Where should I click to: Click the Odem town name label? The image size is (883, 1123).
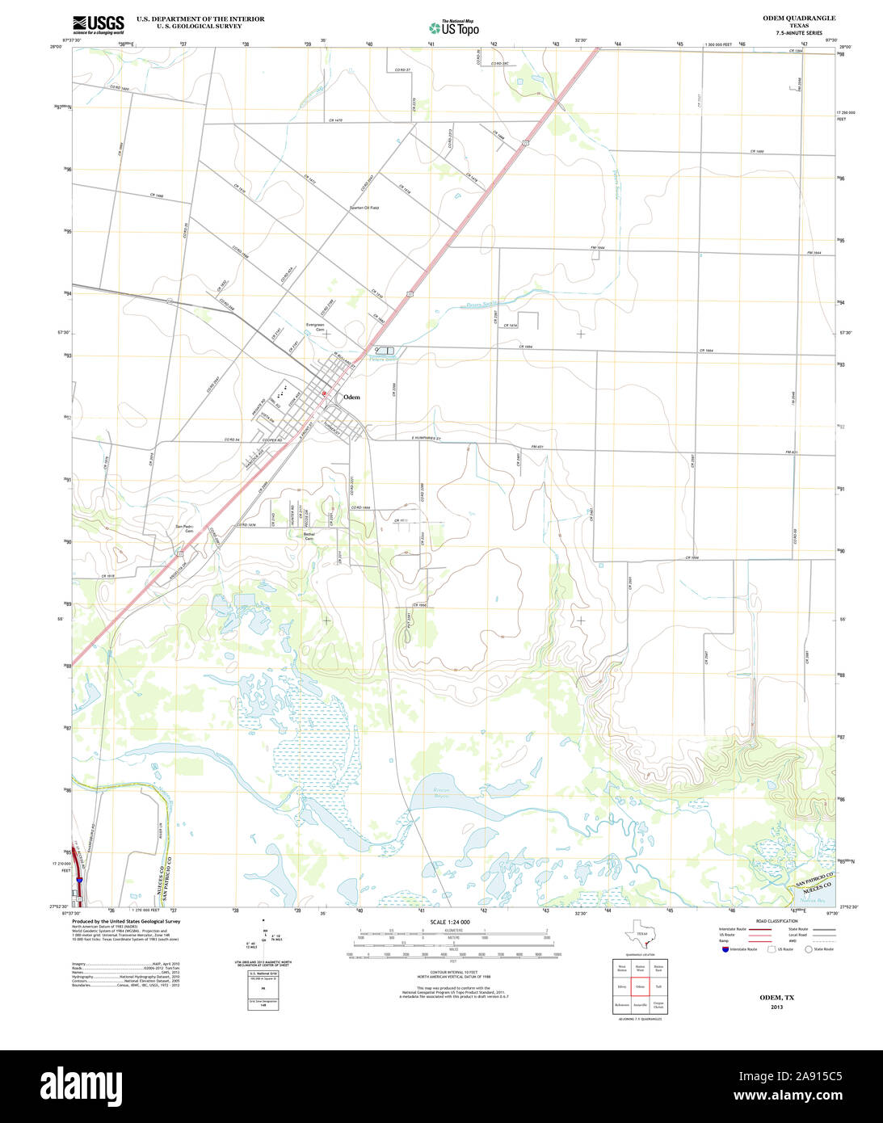[351, 397]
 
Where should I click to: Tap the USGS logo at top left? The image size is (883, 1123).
[98, 24]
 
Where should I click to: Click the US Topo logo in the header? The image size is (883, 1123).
[454, 27]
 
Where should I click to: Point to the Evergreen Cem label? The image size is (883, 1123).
[315, 328]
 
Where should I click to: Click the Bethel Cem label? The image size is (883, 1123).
[309, 536]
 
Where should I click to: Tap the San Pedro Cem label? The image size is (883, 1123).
[185, 529]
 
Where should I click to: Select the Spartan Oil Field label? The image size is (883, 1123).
[364, 208]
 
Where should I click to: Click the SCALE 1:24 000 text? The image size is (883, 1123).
[449, 922]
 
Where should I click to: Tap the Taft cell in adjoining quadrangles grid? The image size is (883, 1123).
[659, 986]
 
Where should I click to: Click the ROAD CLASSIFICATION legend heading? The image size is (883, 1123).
[776, 921]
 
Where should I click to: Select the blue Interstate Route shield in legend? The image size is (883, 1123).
[725, 949]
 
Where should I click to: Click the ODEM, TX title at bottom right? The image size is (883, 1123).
[776, 998]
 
